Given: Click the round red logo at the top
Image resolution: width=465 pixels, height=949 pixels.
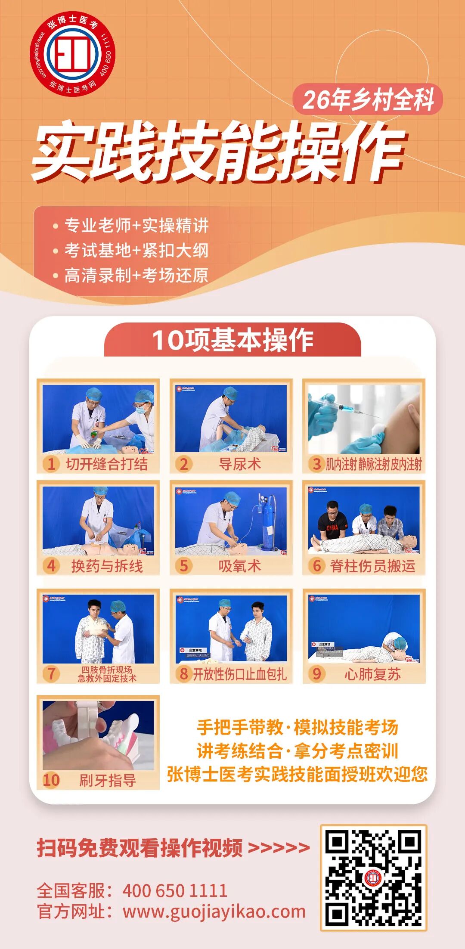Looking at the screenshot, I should [72, 54].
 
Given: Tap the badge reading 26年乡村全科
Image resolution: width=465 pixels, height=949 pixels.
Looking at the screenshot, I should [368, 99].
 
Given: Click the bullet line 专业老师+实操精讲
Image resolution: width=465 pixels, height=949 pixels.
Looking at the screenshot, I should [136, 225].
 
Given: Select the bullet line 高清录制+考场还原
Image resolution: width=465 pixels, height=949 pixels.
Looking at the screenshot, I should [136, 276].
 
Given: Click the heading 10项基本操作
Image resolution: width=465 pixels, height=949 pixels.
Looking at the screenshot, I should [232, 340].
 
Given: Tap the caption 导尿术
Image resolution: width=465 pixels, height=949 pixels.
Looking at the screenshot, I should [239, 464].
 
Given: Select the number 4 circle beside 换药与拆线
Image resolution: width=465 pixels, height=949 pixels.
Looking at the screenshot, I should [51, 566].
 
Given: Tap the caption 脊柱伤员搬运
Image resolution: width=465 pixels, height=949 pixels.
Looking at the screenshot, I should [372, 566].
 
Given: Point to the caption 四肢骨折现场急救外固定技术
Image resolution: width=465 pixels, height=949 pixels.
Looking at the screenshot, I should [107, 674].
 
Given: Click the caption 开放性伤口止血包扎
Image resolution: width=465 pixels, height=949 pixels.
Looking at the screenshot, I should [239, 674].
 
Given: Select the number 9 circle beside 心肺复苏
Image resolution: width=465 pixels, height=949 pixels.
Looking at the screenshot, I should [317, 674].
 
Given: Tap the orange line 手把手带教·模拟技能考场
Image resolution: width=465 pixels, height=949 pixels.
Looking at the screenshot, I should [297, 727].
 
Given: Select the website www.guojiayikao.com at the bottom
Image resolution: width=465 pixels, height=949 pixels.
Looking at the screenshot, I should [214, 912].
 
